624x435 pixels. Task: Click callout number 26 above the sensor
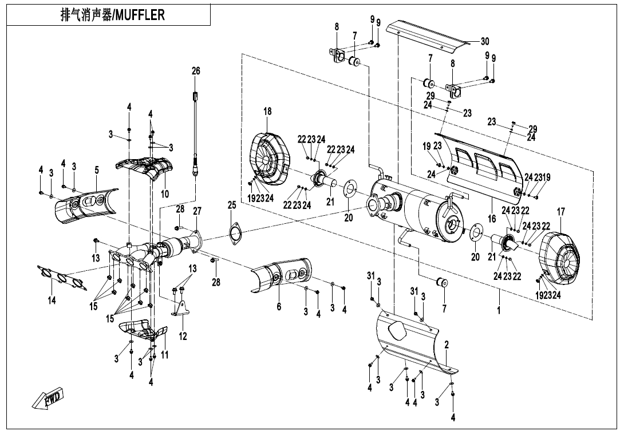(x=196, y=71)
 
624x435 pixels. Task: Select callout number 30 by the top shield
(x=485, y=41)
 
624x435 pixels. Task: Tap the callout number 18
(x=267, y=111)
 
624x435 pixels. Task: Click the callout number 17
(x=560, y=212)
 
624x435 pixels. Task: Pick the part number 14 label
(x=52, y=300)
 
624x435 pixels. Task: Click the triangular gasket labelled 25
(x=234, y=234)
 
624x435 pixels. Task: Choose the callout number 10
(x=164, y=194)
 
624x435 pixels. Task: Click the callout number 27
(x=197, y=211)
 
